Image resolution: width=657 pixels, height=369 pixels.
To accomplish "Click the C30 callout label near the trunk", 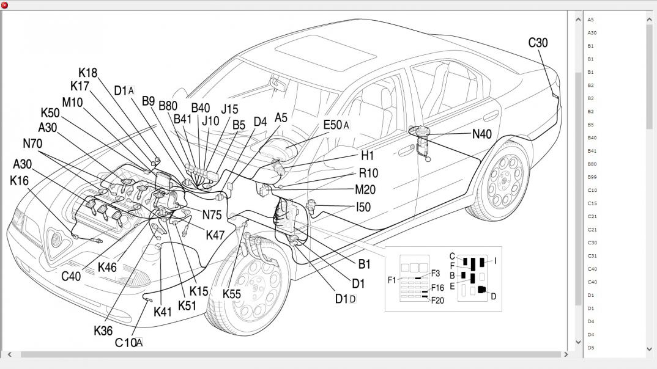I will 538,43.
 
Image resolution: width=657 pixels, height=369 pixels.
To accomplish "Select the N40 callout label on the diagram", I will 481,134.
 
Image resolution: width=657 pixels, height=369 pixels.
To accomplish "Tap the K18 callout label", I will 87,73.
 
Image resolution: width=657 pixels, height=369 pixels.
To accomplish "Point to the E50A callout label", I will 336,125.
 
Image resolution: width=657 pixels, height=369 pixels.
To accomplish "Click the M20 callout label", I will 365,190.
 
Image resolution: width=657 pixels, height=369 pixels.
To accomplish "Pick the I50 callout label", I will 363,208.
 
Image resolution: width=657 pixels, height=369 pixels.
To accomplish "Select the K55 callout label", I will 231,294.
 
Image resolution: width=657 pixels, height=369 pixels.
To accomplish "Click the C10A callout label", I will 128,343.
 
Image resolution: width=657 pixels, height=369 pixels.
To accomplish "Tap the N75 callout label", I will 212,215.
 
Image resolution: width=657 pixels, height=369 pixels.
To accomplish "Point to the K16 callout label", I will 19,181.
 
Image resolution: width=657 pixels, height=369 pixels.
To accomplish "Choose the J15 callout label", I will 229,109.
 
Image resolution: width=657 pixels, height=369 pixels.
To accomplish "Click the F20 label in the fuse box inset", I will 437,300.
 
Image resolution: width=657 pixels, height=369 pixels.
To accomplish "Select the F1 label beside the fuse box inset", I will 392,280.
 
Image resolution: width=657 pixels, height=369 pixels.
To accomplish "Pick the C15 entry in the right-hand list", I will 592,203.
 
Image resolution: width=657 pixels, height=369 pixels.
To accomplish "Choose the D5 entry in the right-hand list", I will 591,348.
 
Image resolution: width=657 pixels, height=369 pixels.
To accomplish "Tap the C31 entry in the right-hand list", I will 592,256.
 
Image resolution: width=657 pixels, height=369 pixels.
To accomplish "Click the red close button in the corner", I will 4,5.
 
